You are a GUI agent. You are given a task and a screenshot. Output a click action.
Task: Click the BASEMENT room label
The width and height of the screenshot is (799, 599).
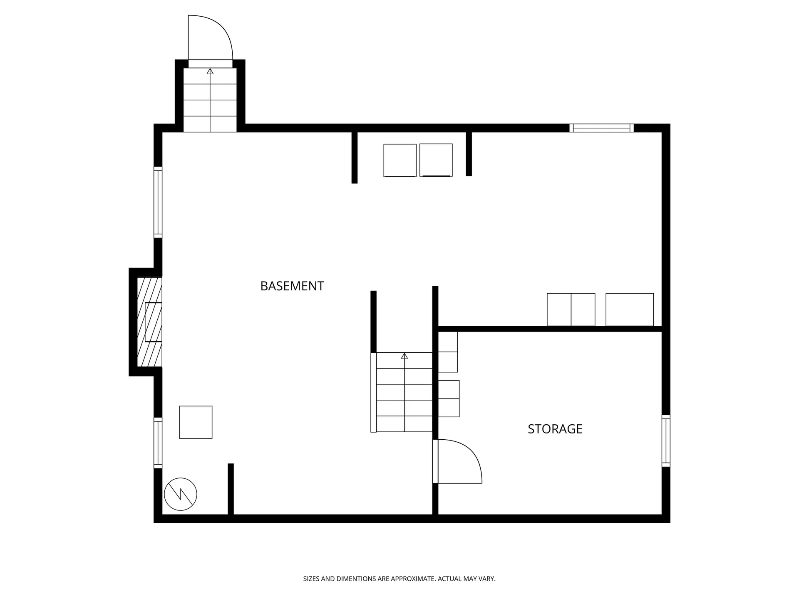pos(292,286)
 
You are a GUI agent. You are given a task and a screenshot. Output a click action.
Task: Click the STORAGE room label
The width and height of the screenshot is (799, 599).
pos(555,429)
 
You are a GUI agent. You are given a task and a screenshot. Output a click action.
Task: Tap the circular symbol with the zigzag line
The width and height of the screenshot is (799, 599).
pos(181,494)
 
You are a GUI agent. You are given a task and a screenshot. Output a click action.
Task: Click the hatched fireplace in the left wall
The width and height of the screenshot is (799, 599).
pos(149,322)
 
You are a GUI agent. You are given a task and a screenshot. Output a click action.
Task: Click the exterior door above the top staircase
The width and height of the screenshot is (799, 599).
pos(210,64)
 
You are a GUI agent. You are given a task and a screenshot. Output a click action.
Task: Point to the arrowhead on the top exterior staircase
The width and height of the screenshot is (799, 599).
pos(210,71)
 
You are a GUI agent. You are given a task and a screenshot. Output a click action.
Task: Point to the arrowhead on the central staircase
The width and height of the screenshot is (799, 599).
pos(404,356)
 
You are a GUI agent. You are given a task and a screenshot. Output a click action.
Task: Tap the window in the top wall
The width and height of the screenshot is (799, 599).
pos(601,128)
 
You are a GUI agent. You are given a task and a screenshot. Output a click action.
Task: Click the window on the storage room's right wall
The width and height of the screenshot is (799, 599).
pos(666,441)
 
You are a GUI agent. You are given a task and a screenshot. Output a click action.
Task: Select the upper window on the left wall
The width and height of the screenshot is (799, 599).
pos(158,202)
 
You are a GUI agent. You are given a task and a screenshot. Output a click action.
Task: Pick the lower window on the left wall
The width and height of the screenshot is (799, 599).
pos(158,443)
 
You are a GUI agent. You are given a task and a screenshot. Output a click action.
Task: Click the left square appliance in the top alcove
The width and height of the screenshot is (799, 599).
pos(400,161)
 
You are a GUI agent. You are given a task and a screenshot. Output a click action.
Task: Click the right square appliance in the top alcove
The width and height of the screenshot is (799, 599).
pos(436,160)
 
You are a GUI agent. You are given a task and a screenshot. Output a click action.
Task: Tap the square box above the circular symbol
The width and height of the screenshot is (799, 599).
pos(196,422)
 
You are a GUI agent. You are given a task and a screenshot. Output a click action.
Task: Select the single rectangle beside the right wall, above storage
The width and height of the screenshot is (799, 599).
pos(630,309)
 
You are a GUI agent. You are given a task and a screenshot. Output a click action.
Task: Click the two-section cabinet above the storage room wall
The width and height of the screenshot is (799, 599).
pos(571,309)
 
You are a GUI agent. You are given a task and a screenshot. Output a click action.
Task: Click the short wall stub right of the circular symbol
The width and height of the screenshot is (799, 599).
pos(231,489)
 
